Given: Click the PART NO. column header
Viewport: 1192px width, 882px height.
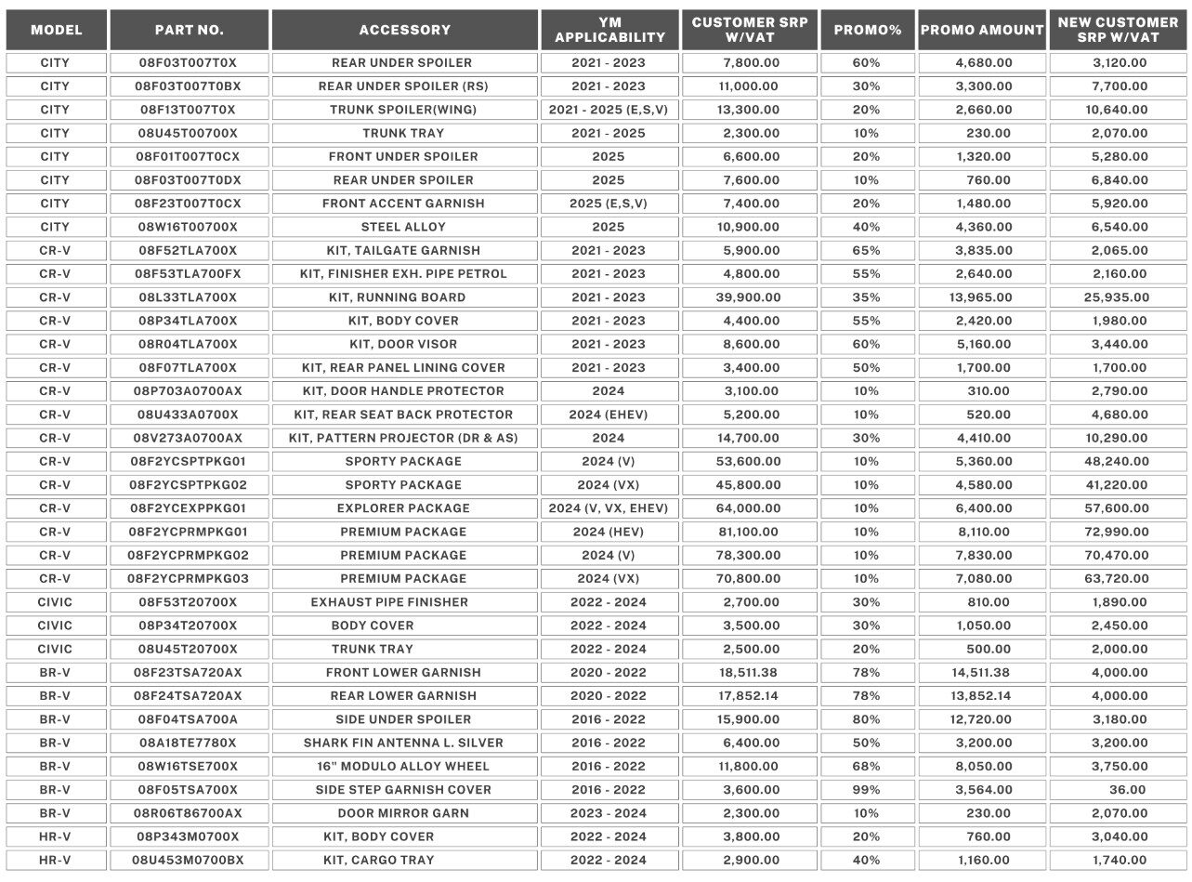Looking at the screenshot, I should pos(189,30).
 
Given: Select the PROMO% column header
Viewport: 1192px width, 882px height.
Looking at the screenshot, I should pos(868,30).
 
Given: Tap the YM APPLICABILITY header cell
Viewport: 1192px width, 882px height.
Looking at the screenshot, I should pos(609,30).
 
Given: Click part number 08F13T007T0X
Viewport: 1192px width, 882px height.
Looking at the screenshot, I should pos(189,110).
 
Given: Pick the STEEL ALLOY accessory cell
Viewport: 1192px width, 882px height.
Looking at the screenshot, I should pos(403,227).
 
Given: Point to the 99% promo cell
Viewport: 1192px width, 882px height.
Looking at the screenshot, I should pos(867,790).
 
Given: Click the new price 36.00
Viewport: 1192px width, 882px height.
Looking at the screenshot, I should pos(1120,790).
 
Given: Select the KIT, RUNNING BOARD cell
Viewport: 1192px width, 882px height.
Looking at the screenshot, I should pos(403,297).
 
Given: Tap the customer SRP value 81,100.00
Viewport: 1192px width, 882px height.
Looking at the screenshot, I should pos(751,532).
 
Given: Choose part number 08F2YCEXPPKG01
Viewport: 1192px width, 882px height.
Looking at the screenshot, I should pos(189,508).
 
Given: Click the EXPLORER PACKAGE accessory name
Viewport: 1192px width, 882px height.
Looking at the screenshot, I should pos(403,508).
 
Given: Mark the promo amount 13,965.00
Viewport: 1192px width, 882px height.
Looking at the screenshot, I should pos(982,297).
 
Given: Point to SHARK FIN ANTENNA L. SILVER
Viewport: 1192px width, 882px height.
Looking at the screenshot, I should pos(403,743).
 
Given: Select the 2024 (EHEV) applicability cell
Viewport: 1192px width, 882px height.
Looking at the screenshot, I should pos(609,415).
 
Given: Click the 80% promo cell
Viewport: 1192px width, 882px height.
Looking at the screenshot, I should pos(867,719).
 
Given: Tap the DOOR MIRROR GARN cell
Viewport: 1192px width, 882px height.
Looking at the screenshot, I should pos(403,813).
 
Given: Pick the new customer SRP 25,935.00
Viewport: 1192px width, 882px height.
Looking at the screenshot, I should pos(1120,297).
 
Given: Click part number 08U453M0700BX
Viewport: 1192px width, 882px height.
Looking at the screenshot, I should pos(189,860).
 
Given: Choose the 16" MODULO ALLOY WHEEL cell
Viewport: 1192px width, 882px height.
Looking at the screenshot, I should pos(403,767).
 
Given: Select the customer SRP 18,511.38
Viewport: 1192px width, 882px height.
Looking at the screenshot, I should pos(751,672).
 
